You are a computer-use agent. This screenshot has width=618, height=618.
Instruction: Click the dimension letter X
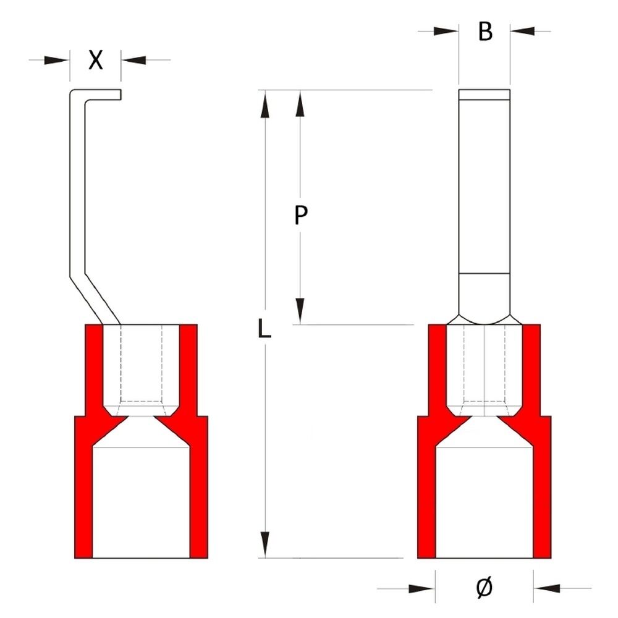(x=95, y=60)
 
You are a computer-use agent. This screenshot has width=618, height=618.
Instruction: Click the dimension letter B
(x=486, y=32)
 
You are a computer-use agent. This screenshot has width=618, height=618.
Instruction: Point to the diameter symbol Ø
(x=485, y=588)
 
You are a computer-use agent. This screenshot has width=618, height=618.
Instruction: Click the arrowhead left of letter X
(x=57, y=60)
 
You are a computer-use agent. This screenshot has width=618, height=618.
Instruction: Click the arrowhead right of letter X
(x=133, y=60)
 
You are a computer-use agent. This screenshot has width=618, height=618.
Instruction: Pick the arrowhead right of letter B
(x=522, y=31)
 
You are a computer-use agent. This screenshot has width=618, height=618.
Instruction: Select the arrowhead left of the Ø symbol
(x=423, y=588)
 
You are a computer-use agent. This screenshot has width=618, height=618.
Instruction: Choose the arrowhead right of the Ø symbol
(x=546, y=588)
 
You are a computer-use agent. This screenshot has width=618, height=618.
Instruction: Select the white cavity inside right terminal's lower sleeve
(x=485, y=501)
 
